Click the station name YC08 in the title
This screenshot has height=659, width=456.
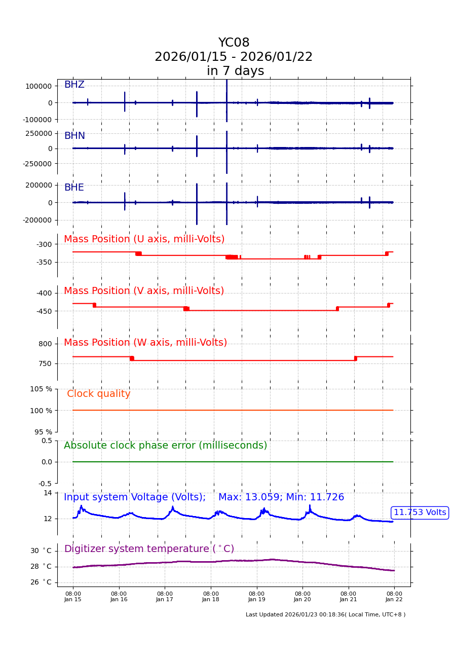coord(234,43)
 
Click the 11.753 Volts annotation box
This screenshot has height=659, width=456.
coord(420,512)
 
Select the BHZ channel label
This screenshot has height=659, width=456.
coord(74,85)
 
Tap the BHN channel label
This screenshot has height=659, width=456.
coord(74,136)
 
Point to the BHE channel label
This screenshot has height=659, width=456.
coord(74,188)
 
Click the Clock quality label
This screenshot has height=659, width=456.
coord(98,394)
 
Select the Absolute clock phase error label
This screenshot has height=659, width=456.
coord(165,446)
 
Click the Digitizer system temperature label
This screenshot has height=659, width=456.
coord(149,549)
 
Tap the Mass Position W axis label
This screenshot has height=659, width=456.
coord(145,343)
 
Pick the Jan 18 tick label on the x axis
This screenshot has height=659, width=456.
coord(211,596)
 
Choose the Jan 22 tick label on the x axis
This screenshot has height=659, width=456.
coord(394,596)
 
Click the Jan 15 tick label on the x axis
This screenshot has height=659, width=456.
coord(73,596)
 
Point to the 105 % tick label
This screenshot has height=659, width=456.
coord(41,389)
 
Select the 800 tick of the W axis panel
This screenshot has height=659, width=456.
coord(45,344)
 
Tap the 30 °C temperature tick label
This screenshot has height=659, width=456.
coord(41,551)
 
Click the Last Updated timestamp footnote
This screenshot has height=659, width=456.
coord(325,615)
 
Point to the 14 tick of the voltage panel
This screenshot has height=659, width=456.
coord(48,493)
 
